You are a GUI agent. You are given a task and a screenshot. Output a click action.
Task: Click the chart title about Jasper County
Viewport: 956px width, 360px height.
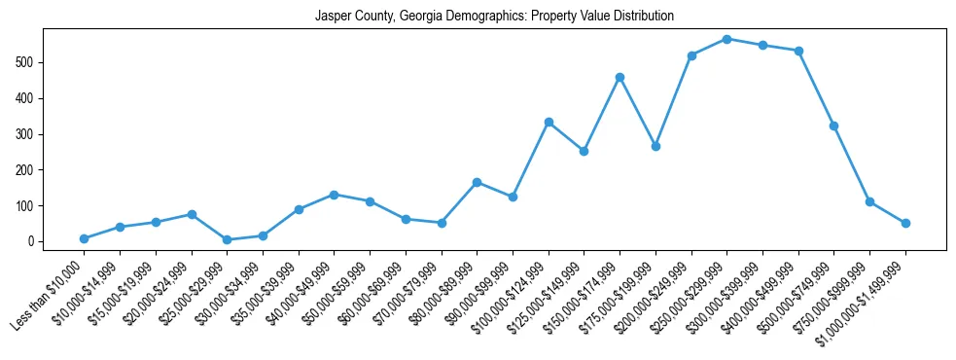(x=494, y=17)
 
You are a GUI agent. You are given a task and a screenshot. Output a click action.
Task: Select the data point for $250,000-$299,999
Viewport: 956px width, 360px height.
(x=726, y=39)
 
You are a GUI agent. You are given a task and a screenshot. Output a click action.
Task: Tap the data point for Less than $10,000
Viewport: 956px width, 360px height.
(x=84, y=238)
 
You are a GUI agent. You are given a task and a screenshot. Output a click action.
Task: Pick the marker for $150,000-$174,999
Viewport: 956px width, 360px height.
(x=620, y=77)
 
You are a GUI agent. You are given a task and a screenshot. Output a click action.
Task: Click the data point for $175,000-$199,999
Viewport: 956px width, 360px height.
(x=655, y=146)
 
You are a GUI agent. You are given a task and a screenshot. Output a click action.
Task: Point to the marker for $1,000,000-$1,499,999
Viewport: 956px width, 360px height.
(x=905, y=223)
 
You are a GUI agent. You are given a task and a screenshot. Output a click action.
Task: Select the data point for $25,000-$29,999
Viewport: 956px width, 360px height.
(x=227, y=239)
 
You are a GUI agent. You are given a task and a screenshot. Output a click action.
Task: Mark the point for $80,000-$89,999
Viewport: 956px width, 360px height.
(x=477, y=182)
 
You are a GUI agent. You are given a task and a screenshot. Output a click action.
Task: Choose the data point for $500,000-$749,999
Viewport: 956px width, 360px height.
(x=833, y=126)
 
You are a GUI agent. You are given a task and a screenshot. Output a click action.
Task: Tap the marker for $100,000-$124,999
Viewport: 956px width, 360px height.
(x=549, y=122)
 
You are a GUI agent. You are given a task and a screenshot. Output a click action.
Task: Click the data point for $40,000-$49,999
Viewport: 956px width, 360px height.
(x=334, y=195)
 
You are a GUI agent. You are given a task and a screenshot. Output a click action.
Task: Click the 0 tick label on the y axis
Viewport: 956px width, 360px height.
(x=33, y=241)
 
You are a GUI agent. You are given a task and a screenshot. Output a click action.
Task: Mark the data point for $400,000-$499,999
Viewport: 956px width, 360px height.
(x=798, y=51)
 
